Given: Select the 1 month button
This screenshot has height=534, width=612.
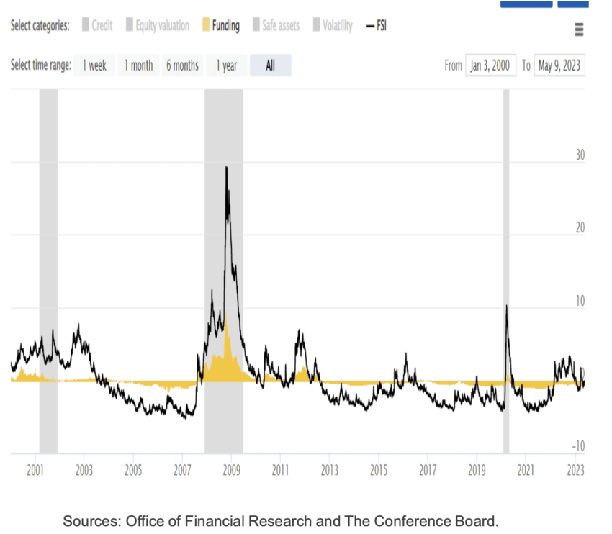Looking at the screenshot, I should (138, 65).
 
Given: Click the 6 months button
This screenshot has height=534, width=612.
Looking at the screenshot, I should (182, 65).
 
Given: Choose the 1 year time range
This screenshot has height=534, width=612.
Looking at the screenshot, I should (226, 65).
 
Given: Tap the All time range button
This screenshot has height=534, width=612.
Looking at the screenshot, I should (270, 65).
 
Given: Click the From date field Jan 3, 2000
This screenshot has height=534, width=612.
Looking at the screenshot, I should (490, 65).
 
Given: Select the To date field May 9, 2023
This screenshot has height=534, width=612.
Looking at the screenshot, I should (559, 65).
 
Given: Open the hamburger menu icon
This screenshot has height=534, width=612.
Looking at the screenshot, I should (579, 30).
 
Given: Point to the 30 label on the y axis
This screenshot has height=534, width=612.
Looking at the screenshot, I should (580, 155).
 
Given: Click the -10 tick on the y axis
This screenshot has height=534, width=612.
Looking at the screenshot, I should (578, 446).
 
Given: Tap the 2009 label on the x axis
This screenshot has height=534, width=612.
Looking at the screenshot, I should (231, 471).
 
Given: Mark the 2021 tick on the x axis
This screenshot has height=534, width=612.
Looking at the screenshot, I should (526, 471).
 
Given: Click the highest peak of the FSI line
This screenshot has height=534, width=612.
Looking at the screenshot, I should (226, 167).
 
